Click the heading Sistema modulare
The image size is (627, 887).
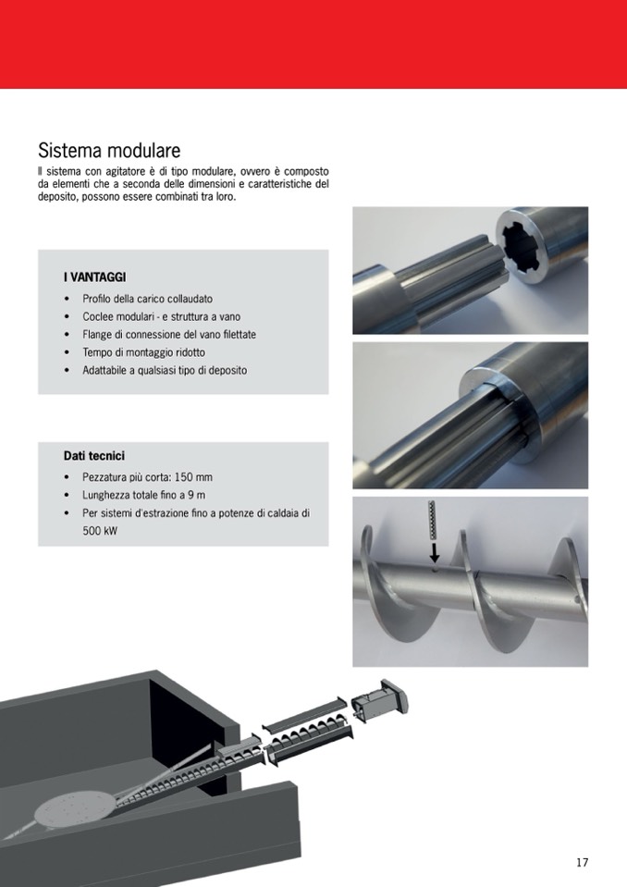pyautogui.click(x=109, y=151)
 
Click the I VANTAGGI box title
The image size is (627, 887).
pyautogui.click(x=95, y=277)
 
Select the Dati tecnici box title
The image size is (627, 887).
pyautogui.click(x=93, y=456)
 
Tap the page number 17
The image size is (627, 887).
pyautogui.click(x=583, y=862)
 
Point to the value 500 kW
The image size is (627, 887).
pyautogui.click(x=100, y=531)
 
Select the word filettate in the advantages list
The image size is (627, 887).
pyautogui.click(x=240, y=334)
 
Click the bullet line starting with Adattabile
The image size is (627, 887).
pyautogui.click(x=165, y=371)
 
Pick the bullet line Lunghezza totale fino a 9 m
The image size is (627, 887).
pyautogui.click(x=144, y=495)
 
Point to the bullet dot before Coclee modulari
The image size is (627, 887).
pyautogui.click(x=68, y=316)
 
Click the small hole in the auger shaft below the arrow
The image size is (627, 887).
pyautogui.click(x=435, y=571)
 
